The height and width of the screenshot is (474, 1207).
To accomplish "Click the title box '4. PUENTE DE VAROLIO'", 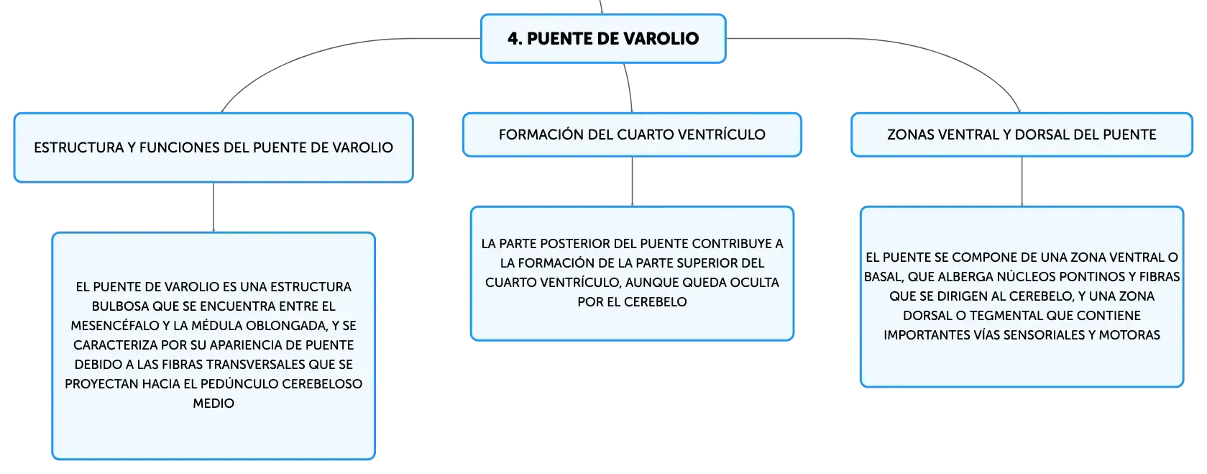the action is [x=603, y=38].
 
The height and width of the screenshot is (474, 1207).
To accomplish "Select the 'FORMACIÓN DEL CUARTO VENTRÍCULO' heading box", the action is [x=632, y=135].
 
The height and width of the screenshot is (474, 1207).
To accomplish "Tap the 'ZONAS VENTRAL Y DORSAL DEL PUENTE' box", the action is [x=1022, y=135].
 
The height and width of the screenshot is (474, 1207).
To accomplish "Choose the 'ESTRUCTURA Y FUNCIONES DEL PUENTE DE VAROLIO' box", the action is [x=214, y=147].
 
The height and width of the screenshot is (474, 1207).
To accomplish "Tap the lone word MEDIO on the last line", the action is [x=214, y=404].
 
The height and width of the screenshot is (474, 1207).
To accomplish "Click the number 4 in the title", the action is [x=513, y=39].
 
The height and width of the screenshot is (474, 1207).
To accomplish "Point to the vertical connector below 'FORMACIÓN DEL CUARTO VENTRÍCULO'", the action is [x=632, y=182].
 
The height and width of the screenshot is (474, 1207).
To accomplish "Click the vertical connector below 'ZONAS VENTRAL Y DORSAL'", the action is [x=1022, y=182].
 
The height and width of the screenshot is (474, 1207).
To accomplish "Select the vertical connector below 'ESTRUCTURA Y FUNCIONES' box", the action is [x=214, y=208].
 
